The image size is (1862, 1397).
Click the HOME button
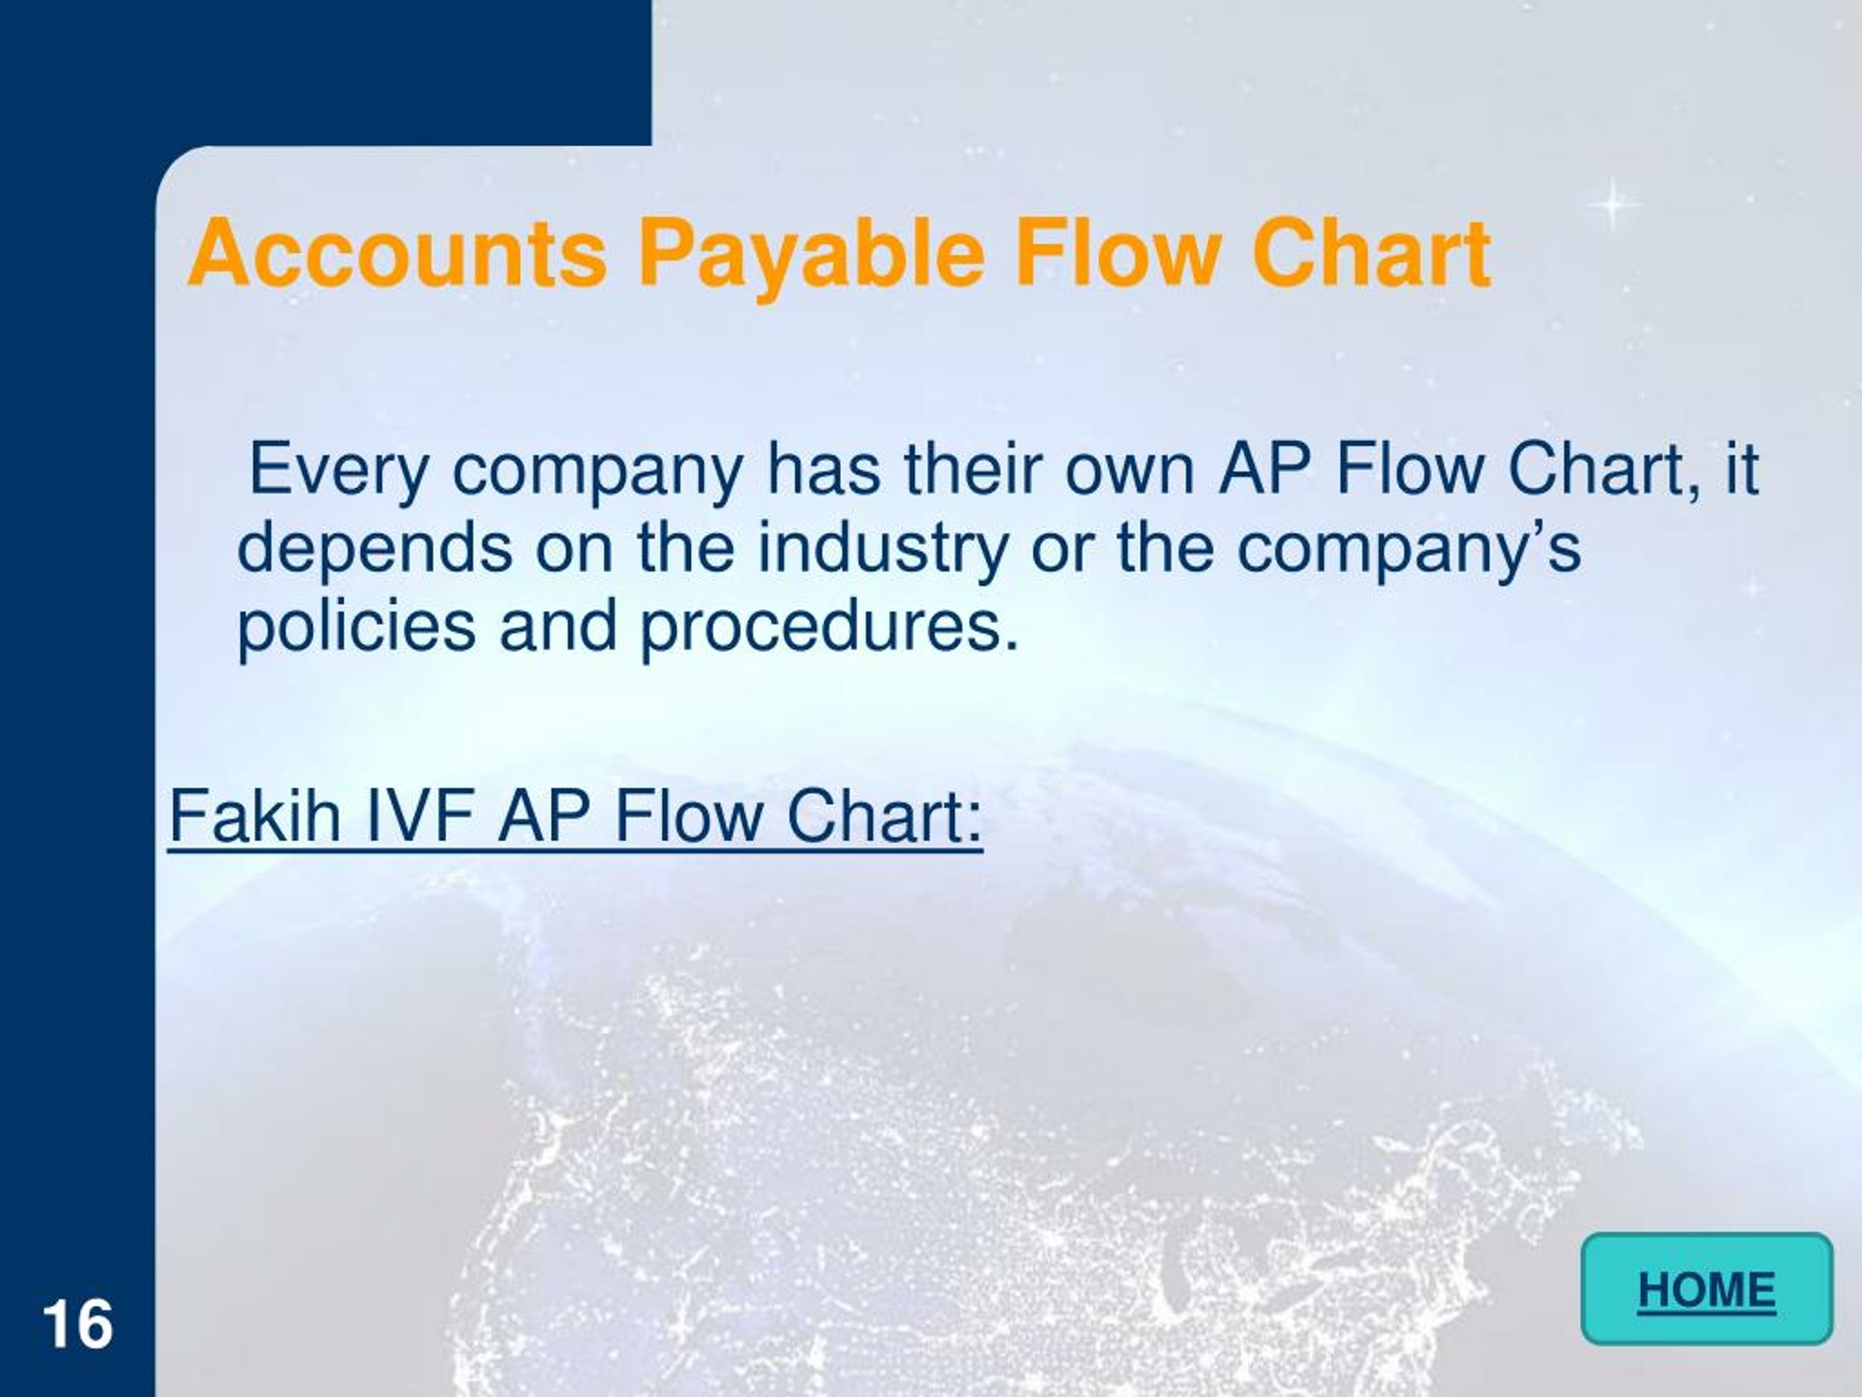pyautogui.click(x=1706, y=1289)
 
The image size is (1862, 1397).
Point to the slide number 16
pyautogui.click(x=76, y=1324)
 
